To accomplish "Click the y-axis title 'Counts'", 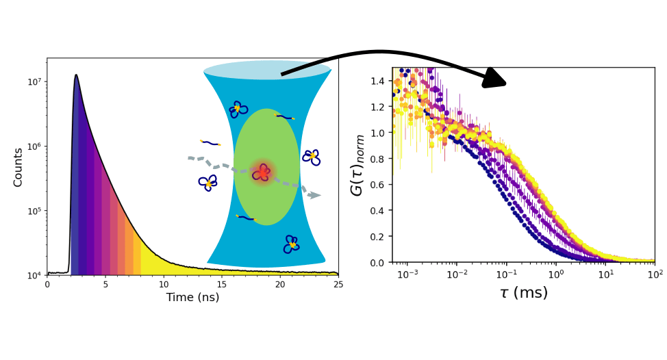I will click(x=18, y=167).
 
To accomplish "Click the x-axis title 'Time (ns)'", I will click(x=192, y=297).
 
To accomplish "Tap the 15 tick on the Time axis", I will click(x=222, y=283).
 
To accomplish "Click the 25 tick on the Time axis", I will click(x=338, y=283).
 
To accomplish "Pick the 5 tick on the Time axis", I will click(x=105, y=283).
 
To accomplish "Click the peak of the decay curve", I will click(x=76, y=75).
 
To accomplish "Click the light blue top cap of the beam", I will click(x=267, y=70).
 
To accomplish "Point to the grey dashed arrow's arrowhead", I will click(x=315, y=195).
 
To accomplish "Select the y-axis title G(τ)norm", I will click(x=357, y=165).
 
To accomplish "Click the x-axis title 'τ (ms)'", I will click(x=523, y=294).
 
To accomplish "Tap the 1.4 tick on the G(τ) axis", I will click(x=379, y=81).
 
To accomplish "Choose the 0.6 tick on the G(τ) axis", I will click(x=379, y=185).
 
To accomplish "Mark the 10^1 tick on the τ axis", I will click(x=605, y=274).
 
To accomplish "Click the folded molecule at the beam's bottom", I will click(x=292, y=244).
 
